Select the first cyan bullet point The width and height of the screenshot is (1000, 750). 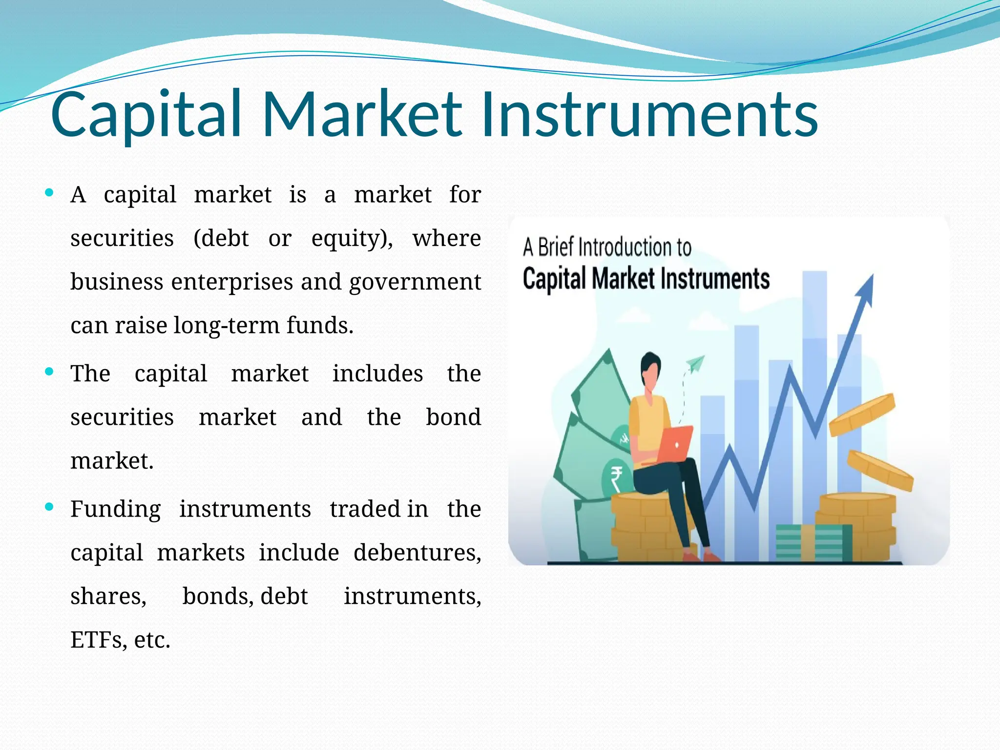coord(49,193)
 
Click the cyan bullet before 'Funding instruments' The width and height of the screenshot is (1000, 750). coord(49,507)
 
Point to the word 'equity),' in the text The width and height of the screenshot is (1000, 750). coord(352,239)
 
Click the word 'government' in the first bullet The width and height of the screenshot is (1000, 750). coord(415,282)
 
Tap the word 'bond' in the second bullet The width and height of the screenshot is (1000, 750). coord(453,417)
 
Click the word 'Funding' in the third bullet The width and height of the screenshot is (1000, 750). coord(116,509)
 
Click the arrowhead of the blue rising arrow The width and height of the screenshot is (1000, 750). coord(866,288)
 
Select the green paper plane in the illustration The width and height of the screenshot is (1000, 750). coord(696,364)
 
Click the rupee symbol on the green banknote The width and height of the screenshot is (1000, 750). coord(616,479)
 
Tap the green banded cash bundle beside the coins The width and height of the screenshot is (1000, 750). coord(813,543)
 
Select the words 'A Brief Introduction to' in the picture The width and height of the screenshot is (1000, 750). coord(607,248)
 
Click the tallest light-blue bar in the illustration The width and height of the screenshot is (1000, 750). coord(814,391)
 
